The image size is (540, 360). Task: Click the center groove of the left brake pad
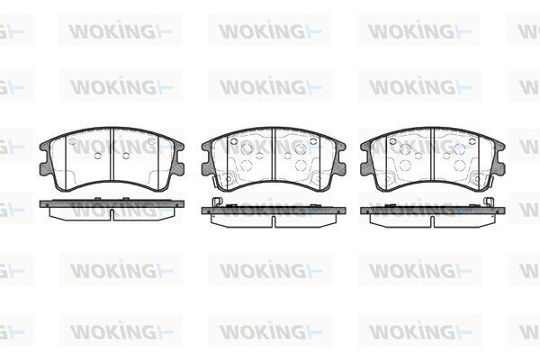point(112,154)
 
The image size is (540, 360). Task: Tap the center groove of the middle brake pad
point(274,154)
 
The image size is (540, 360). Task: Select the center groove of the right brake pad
point(433,154)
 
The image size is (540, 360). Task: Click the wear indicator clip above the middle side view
point(217,202)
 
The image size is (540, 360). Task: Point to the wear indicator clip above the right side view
point(489,202)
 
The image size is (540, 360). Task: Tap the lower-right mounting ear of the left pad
point(179,169)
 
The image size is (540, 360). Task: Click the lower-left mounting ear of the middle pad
point(207,169)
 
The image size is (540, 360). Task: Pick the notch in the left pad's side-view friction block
point(112,214)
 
